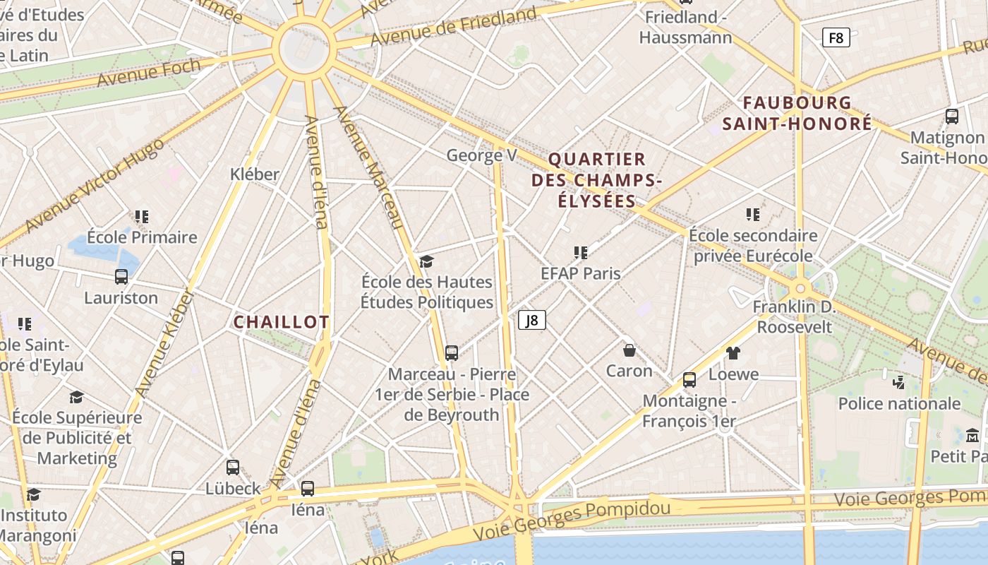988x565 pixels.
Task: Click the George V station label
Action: point(482,155)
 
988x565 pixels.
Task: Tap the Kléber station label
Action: point(255,174)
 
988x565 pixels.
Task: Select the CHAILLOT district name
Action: point(281,322)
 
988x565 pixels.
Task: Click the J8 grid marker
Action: point(532,321)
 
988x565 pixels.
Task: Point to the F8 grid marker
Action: point(836,37)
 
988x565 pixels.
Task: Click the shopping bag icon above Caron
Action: point(629,350)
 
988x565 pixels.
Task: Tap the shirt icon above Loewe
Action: point(733,353)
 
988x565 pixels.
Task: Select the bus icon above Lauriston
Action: point(121,277)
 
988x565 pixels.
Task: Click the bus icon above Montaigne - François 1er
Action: point(689,380)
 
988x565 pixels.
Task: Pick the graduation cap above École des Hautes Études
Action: point(426,262)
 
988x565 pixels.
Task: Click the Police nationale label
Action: point(899,404)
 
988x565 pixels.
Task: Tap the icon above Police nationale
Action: point(899,383)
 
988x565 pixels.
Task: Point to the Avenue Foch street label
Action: point(149,73)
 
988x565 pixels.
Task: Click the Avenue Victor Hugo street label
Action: point(95,185)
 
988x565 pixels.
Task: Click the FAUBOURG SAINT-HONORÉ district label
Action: point(797,114)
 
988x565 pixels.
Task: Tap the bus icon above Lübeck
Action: point(233,468)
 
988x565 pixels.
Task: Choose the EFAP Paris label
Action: point(580,273)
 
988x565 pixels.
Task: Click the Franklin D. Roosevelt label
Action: point(795,317)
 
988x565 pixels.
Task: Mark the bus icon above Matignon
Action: point(951,117)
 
